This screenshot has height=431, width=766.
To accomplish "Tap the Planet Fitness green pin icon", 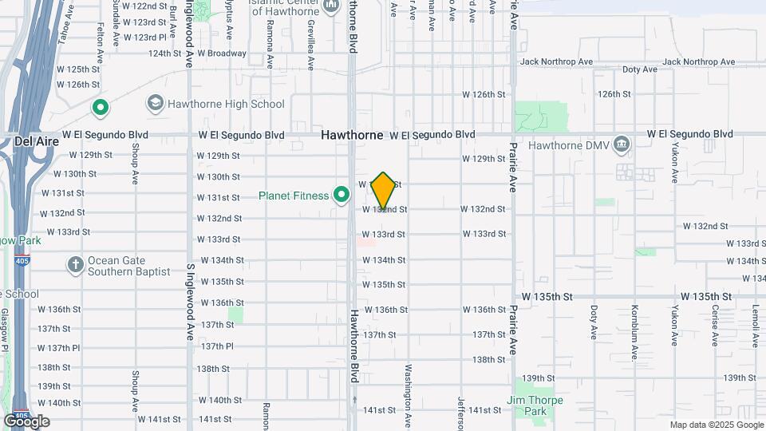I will tap(342, 195).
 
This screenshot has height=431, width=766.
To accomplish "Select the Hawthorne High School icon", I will tap(154, 104).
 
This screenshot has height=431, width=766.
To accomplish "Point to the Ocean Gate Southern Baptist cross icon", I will tap(75, 265).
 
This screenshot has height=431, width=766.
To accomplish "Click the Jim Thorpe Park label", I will tap(534, 405).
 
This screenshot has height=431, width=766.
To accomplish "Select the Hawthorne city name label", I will tap(353, 135).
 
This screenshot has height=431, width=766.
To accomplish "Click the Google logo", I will tap(26, 421).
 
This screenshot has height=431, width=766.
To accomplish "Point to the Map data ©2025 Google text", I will tap(716, 425).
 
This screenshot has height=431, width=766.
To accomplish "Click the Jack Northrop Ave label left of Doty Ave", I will tap(555, 61).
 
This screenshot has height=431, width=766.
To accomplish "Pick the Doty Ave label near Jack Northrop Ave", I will tap(639, 69).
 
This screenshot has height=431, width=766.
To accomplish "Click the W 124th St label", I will tap(165, 53).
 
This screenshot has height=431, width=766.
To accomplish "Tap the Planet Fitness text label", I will tap(294, 196).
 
